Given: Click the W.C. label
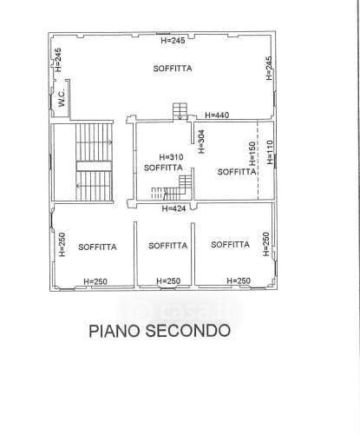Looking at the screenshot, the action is [62, 97].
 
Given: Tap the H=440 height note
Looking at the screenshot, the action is [217, 115].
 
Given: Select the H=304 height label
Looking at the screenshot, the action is [201, 142].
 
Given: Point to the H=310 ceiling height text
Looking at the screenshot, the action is [171, 157].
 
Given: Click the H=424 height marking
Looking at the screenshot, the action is [173, 208].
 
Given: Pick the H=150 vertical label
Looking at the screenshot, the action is [252, 154].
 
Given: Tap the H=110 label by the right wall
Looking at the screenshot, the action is [270, 152].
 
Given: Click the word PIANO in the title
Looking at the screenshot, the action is [115, 331].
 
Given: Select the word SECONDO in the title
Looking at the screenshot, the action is [188, 331].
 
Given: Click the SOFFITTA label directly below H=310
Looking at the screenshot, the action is [163, 168].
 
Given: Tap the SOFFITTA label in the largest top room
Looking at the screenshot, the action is [173, 69].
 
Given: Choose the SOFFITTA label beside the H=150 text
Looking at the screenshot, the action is [237, 172].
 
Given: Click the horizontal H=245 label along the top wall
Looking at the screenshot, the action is [173, 41].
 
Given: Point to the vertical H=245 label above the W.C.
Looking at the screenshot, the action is [58, 60].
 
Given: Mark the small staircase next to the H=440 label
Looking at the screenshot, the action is [180, 111].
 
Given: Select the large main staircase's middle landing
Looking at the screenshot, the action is [94, 166].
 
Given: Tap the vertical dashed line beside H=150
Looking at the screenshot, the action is [258, 161].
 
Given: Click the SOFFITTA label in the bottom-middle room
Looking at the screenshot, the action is [168, 246].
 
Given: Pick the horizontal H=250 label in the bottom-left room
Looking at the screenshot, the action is [95, 281].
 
